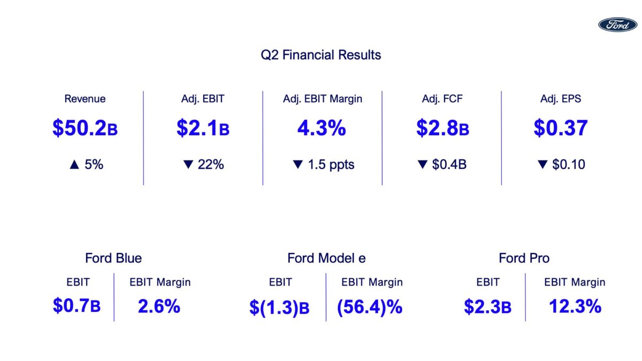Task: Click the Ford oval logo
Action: (617, 24)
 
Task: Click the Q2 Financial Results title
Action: (320, 55)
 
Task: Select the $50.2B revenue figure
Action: (85, 128)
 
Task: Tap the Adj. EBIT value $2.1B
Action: (203, 128)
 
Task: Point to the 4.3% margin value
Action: (322, 128)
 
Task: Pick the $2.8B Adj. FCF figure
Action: (442, 128)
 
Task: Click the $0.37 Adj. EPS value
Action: (560, 128)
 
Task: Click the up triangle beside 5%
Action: (74, 165)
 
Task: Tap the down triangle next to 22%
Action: (187, 165)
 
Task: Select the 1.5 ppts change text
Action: (331, 165)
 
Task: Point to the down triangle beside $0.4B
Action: (422, 165)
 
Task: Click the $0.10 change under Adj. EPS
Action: (568, 165)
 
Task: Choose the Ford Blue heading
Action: (113, 258)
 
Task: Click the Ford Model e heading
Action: (326, 258)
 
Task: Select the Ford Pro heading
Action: (524, 258)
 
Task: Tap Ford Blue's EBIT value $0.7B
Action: (77, 306)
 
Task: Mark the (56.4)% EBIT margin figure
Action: (369, 307)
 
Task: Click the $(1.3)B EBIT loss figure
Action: (279, 308)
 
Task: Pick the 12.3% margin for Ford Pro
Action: (575, 306)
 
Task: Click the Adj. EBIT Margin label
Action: (322, 99)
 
